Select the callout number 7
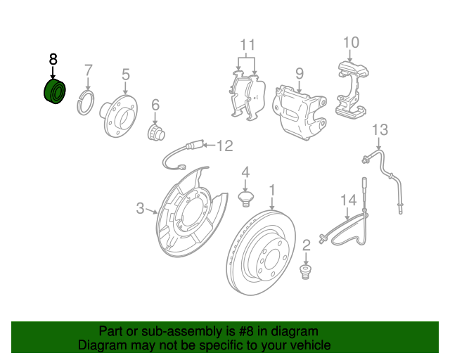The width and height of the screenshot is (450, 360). (89, 70)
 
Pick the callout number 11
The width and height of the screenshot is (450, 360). (247, 46)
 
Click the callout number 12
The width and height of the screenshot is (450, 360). (224, 146)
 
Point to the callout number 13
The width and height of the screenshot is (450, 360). (380, 129)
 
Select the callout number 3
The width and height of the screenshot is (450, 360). (140, 208)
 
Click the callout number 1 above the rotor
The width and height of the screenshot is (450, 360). (271, 191)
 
